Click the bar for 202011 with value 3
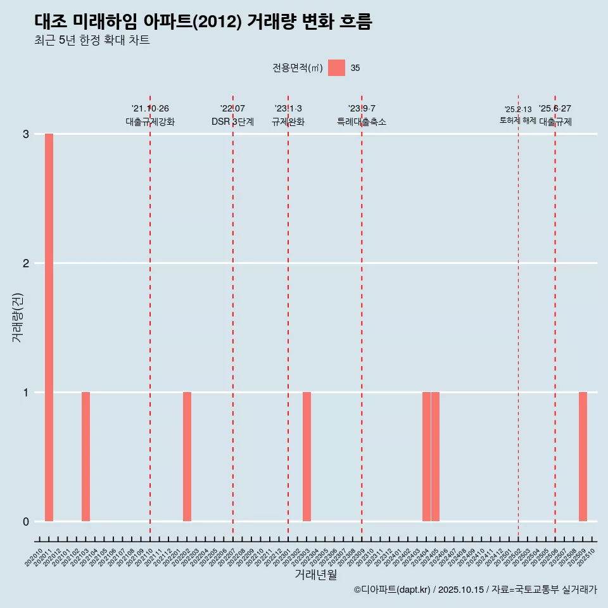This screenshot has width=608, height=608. click(x=49, y=327)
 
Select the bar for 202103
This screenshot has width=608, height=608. click(x=85, y=457)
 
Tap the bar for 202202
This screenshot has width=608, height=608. click(x=187, y=457)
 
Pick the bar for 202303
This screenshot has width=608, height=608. click(x=307, y=457)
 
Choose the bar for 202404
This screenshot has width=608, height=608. click(x=426, y=457)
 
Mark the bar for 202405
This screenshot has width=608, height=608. click(x=436, y=457)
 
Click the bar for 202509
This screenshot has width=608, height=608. click(x=583, y=457)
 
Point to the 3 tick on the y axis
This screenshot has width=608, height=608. click(x=26, y=134)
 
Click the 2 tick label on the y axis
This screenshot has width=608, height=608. click(x=26, y=263)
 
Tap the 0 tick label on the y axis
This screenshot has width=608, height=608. click(x=26, y=522)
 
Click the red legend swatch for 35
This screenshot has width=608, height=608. click(x=336, y=68)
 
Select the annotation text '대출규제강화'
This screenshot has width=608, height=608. click(x=150, y=122)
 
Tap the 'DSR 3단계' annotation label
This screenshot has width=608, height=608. click(x=233, y=122)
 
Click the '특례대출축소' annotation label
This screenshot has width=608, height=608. click(x=362, y=122)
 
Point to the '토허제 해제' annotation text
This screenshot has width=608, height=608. click(x=518, y=120)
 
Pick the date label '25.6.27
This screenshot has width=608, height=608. click(x=555, y=109)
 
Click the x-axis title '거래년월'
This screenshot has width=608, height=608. click(x=315, y=575)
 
